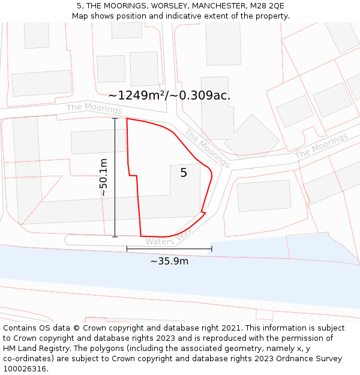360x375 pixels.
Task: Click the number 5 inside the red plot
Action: [x=184, y=173]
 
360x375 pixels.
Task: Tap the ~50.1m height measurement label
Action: [x=104, y=178]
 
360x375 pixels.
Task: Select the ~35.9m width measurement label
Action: [x=169, y=261]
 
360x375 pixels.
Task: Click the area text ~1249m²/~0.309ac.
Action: [x=169, y=95]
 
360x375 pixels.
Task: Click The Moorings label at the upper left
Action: [x=94, y=109]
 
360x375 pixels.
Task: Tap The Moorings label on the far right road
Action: [x=321, y=146]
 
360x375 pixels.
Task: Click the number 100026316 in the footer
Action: [x=25, y=369]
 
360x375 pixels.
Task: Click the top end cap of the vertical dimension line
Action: [x=115, y=118]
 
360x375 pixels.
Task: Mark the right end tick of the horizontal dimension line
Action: [x=212, y=248]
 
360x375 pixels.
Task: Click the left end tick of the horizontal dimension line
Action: [x=127, y=248]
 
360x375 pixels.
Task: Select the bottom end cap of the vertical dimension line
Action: [x=115, y=237]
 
